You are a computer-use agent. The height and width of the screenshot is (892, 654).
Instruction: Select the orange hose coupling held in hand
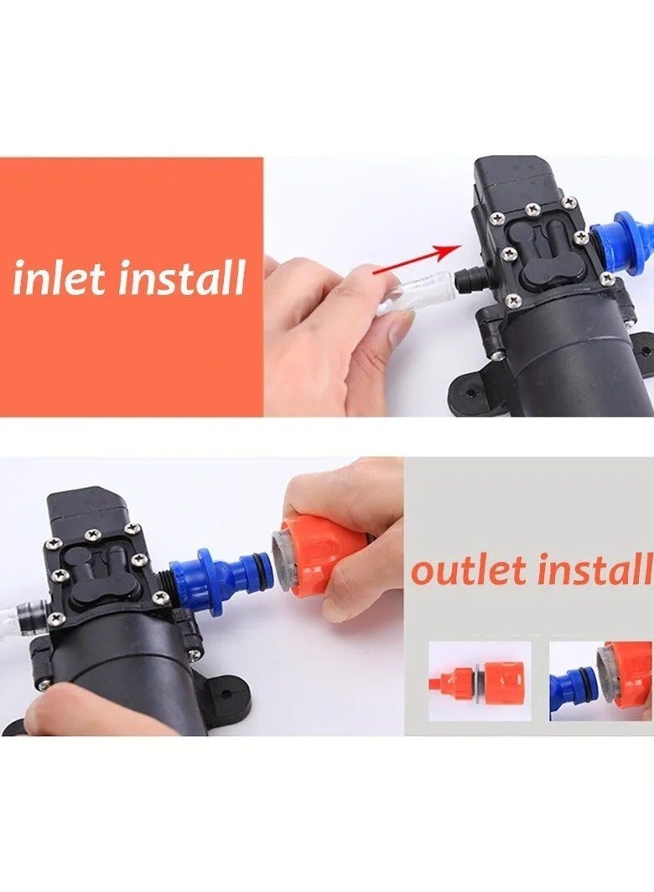(x=323, y=554)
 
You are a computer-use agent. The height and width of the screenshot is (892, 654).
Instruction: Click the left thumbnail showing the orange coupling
(x=480, y=681)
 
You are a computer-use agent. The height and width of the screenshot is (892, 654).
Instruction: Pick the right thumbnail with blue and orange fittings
(x=600, y=681)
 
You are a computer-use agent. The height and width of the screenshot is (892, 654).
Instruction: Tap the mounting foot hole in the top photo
(x=470, y=392)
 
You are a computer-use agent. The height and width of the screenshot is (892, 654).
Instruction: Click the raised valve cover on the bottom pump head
(x=99, y=570)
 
